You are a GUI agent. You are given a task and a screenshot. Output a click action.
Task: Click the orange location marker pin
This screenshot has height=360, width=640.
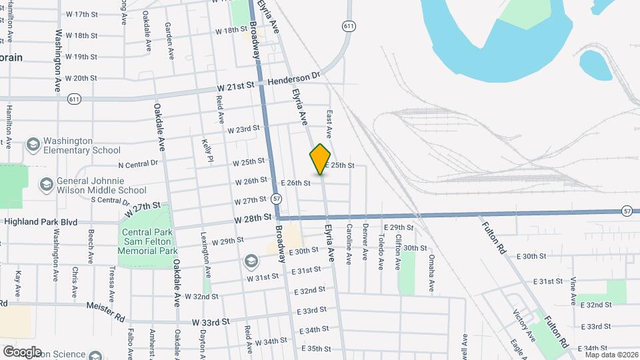[321, 159]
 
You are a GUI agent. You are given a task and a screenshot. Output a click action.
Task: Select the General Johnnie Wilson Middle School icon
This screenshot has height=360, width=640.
[45, 183]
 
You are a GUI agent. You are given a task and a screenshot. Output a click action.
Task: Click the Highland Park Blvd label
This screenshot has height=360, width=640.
[41, 222]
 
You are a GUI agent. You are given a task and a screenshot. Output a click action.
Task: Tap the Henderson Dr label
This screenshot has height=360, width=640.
[294, 81]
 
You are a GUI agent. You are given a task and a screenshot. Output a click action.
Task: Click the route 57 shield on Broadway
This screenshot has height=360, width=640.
[277, 199]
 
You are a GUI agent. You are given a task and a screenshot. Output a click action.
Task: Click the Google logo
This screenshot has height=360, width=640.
[21, 351]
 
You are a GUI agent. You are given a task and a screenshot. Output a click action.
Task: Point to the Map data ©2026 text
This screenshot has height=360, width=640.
[611, 354]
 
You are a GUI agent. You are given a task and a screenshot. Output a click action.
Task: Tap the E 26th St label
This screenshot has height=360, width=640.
[296, 183]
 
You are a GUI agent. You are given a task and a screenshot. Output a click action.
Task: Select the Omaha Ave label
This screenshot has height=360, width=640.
[431, 273]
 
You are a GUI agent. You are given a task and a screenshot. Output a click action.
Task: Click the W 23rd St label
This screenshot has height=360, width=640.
[243, 129]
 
